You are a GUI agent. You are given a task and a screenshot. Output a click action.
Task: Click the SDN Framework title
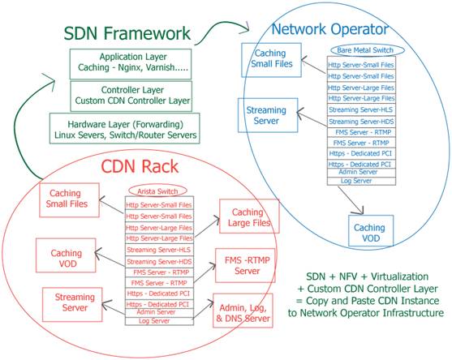point(127,33)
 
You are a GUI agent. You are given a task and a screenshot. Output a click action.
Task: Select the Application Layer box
point(131,64)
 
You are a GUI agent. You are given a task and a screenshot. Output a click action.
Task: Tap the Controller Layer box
point(131,96)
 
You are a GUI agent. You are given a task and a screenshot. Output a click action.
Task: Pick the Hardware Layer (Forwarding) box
point(124,128)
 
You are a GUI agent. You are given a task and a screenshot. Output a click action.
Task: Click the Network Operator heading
point(330,29)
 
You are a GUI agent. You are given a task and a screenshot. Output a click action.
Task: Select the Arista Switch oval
point(157,191)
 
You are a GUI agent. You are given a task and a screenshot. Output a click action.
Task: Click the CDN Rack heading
point(140,167)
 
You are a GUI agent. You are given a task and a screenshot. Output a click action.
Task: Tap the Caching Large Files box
point(249,216)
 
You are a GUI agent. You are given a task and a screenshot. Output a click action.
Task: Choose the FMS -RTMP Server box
point(245,265)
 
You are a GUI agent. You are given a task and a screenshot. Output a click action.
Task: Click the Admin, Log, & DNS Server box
point(243,311)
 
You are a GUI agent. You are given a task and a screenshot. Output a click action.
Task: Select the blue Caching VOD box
point(371,231)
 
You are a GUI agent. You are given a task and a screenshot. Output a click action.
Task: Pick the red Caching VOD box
point(66,255)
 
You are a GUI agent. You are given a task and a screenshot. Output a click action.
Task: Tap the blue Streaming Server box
point(268,115)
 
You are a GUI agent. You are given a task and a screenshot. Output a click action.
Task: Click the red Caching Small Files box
point(69,200)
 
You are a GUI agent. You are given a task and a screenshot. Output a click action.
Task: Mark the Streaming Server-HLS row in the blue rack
point(361,109)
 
